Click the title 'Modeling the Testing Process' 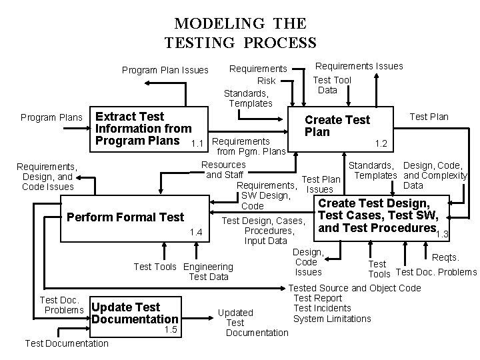click(x=240, y=33)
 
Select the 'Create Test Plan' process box click(x=337, y=126)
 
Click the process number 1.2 click(x=381, y=143)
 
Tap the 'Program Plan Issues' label click(x=165, y=70)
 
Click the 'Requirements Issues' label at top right click(x=359, y=65)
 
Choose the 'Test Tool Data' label click(x=331, y=85)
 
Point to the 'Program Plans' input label click(x=51, y=117)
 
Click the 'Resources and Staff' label click(x=223, y=169)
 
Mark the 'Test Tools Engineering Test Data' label click(x=183, y=271)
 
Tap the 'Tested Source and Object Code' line click(x=356, y=288)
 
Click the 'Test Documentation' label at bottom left click(x=66, y=343)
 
